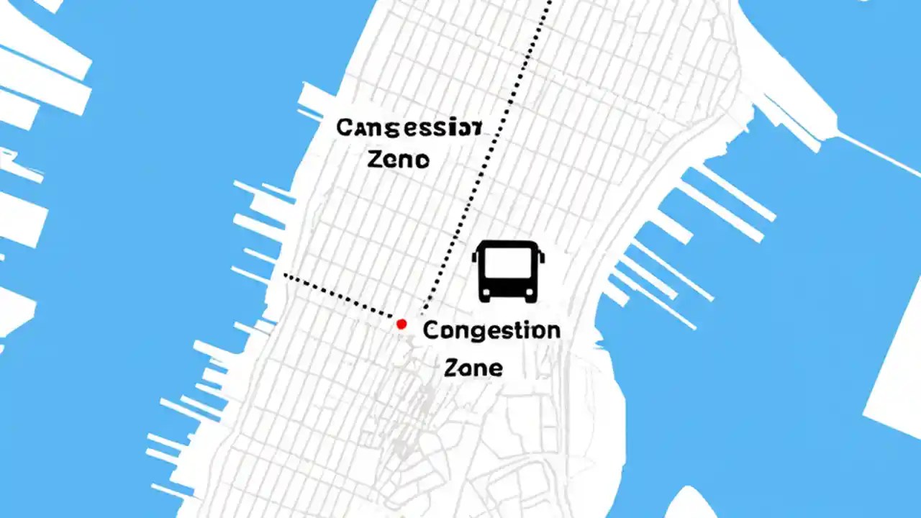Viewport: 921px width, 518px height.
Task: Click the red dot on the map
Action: (401, 324)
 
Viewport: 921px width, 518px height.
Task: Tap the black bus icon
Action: (507, 271)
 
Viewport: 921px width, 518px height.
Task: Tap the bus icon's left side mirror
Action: (475, 257)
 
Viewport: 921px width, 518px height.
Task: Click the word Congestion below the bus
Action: (491, 332)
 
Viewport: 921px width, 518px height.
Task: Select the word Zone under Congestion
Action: (473, 368)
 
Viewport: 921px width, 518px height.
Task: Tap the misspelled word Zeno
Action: (398, 158)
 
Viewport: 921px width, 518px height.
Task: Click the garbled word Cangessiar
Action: (409, 128)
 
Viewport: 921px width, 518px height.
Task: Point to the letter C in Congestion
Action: (430, 331)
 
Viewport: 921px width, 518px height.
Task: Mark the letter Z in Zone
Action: (451, 368)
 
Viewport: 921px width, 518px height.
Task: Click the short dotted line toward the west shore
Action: (338, 294)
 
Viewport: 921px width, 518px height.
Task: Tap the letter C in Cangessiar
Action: (345, 128)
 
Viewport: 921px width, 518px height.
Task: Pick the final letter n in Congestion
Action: (553, 332)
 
